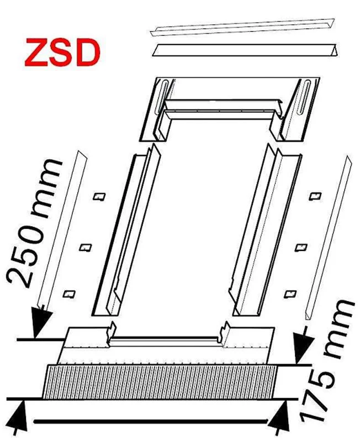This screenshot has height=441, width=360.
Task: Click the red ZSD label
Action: tap(62, 53)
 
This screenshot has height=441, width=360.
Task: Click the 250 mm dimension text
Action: tap(34, 224)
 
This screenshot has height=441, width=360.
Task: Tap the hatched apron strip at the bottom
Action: tap(160, 382)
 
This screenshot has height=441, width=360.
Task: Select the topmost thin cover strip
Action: tap(243, 27)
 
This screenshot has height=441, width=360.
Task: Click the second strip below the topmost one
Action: tap(245, 50)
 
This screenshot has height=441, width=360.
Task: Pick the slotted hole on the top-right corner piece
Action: tap(304, 97)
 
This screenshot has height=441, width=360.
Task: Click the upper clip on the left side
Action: tap(99, 196)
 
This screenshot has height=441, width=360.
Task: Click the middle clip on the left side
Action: tap(86, 248)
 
